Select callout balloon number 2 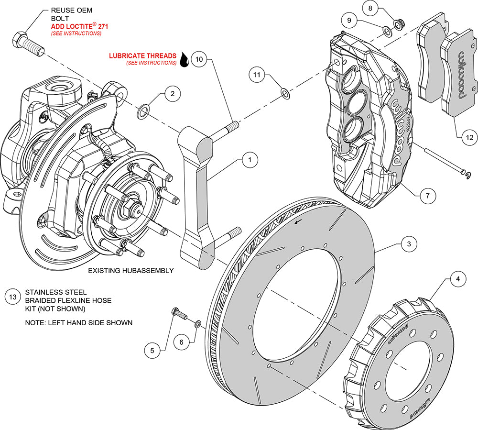coord(173,95)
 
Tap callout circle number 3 coord(408,244)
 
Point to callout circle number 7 coord(428,195)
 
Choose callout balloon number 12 coord(469,137)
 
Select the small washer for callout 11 coord(284,93)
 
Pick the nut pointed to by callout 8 coord(397,23)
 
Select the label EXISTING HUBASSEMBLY coord(130,271)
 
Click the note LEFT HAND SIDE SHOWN coord(78,323)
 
